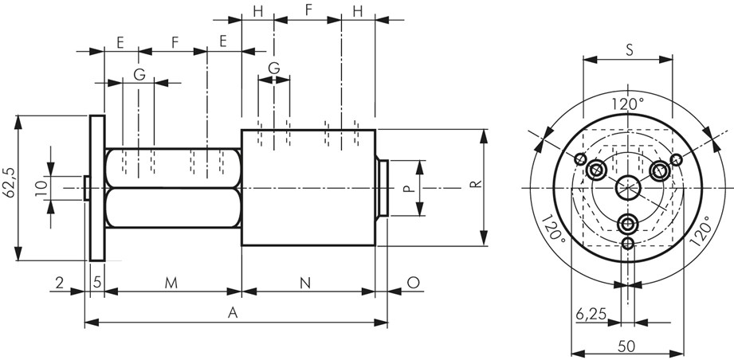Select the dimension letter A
(233, 314)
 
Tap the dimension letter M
(171, 283)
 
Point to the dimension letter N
(305, 283)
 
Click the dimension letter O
(414, 283)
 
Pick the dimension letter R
(476, 183)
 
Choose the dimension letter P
(408, 188)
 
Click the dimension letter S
(630, 51)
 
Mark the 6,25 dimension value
(591, 314)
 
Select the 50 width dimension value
(626, 346)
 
